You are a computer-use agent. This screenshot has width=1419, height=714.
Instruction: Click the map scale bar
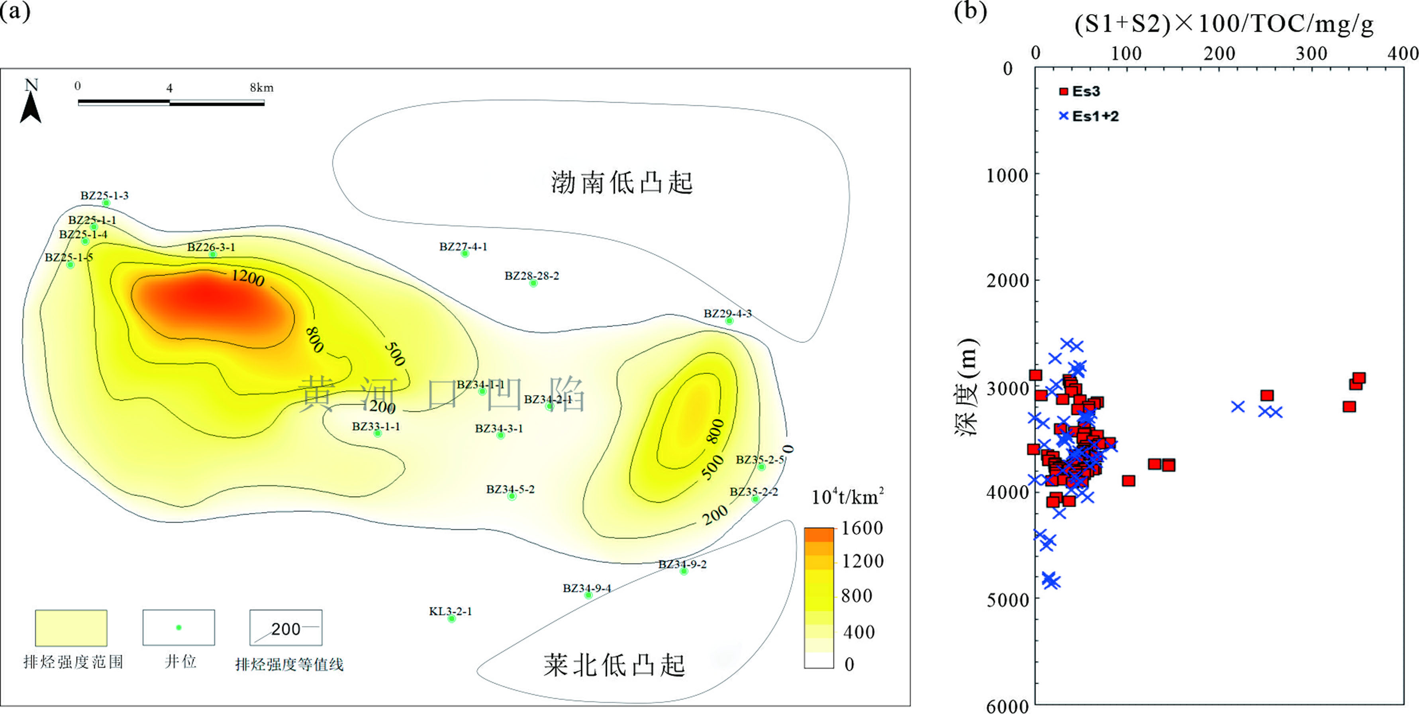point(171,102)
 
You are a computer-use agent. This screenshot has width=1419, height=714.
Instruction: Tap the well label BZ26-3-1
point(211,247)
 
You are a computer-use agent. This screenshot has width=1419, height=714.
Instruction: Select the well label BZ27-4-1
point(463,246)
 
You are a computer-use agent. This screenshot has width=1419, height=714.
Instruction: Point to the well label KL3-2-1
point(451,611)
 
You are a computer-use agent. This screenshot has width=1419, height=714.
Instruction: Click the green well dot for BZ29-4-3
point(729,321)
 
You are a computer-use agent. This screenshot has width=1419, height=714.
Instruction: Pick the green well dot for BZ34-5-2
point(512,496)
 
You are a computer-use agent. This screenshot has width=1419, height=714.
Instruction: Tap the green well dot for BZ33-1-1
point(377,433)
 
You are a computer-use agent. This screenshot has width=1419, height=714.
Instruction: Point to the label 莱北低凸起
point(614,665)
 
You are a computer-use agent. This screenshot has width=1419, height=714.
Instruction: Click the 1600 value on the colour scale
point(862,528)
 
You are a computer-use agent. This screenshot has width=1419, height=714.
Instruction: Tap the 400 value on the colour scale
point(859,632)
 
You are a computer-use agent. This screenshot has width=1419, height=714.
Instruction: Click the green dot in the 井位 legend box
point(178,628)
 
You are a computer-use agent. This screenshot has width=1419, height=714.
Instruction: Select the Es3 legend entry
point(1080,91)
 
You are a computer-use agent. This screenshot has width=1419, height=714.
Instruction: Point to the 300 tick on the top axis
point(1311,53)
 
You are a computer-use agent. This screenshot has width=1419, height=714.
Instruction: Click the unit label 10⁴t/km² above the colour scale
point(847,497)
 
